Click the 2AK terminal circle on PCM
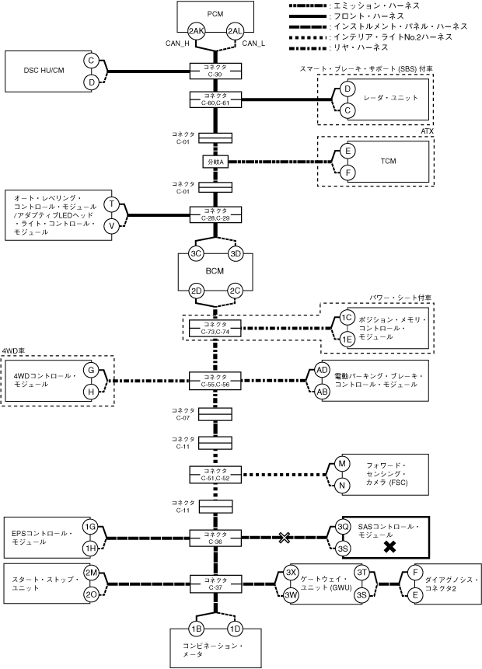pos(197,31)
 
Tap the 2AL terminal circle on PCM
pos(236,31)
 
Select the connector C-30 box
pos(215,71)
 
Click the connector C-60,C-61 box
pos(215,99)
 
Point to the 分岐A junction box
pos(215,162)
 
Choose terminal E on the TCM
pos(348,151)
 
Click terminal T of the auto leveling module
pos(112,204)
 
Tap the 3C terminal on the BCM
pos(196,254)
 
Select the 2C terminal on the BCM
pos(236,291)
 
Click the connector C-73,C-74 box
pos(215,328)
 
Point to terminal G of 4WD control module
pos(91,370)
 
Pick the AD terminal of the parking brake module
pos(323,370)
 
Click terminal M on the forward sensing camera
pos(341,464)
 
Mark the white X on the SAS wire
pos(285,538)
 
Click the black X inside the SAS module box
pos(389,547)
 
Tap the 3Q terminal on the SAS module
pos(341,527)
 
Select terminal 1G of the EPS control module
pos(90,527)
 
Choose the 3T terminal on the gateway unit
pos(362,573)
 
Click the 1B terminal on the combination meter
pos(196,629)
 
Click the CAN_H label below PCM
pos(177,43)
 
